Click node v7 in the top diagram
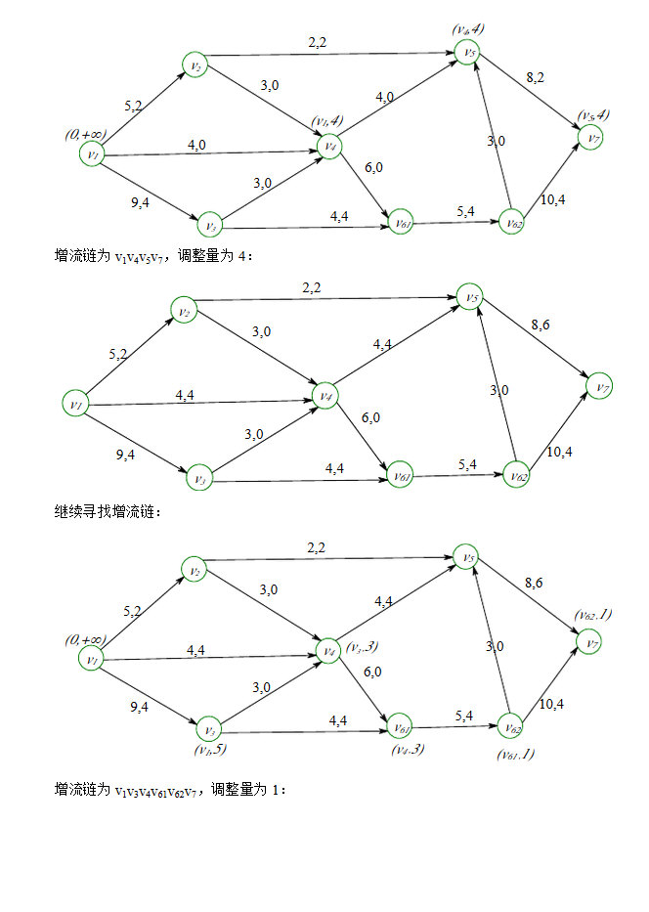point(592,139)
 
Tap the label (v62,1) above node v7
point(592,616)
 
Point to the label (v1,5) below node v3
point(210,751)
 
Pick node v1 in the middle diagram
point(76,402)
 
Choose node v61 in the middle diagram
point(399,477)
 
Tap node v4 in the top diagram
point(330,147)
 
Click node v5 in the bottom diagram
point(470,559)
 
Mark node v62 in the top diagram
point(510,223)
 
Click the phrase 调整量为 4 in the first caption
point(226,256)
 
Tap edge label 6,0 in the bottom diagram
point(371,673)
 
